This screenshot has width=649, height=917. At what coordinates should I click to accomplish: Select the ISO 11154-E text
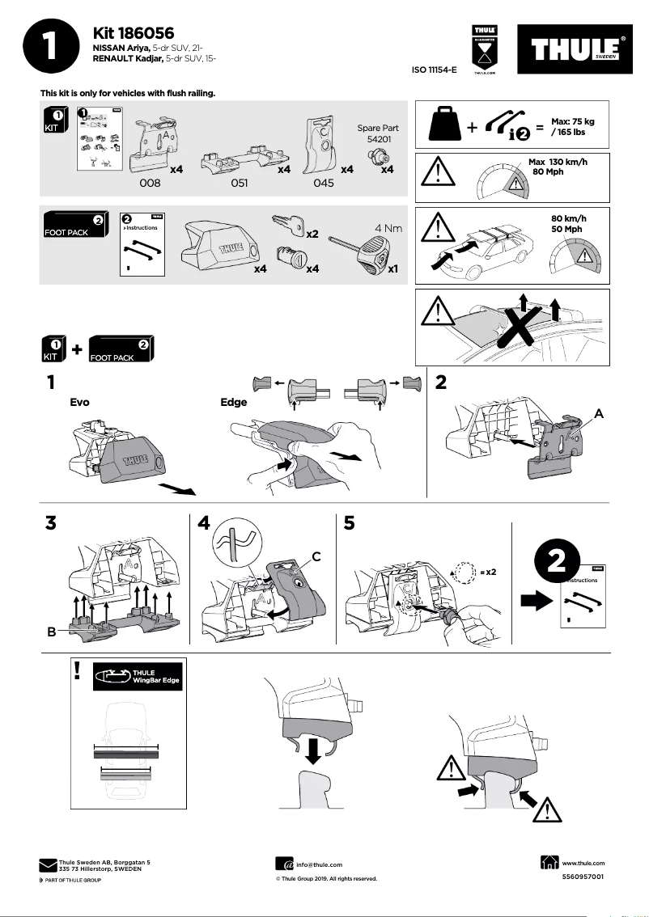point(435,71)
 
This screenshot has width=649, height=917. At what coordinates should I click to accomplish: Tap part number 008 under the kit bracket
point(151,184)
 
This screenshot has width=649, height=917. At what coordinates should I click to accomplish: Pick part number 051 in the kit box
point(239,184)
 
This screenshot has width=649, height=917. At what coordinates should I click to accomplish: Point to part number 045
point(323,184)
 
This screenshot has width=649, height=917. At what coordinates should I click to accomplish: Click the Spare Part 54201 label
point(375,134)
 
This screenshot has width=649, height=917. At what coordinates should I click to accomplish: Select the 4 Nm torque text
point(388,228)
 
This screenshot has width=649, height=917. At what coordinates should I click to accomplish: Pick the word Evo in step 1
point(80,401)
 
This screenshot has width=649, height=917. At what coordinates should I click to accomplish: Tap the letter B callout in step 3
point(51,632)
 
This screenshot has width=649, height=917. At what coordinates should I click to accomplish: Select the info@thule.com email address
point(319,864)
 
